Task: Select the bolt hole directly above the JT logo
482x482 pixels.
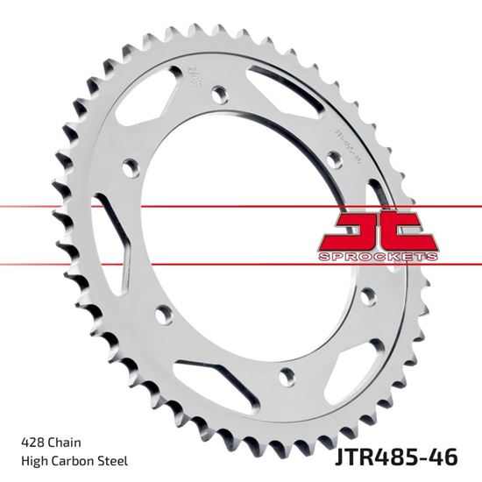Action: coord(333,158)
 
